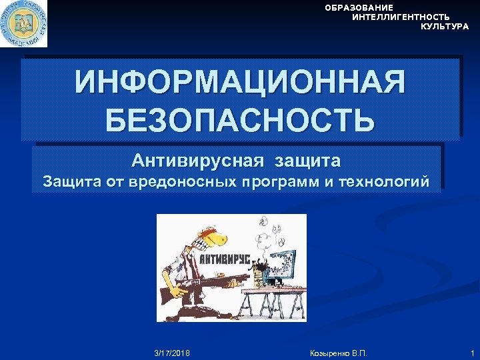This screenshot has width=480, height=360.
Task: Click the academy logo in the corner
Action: click(x=23, y=23)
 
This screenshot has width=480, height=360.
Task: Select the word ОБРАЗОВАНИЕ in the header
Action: click(x=359, y=7)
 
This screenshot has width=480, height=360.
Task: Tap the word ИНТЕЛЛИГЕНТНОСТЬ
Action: click(x=401, y=17)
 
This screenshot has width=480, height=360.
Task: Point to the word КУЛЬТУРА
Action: click(x=445, y=27)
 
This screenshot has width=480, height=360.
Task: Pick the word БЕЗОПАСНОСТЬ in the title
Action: click(x=240, y=119)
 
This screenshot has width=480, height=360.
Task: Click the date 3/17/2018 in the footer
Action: click(x=171, y=351)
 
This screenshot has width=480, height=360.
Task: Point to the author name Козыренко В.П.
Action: click(x=338, y=351)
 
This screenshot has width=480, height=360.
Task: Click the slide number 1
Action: click(x=471, y=351)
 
